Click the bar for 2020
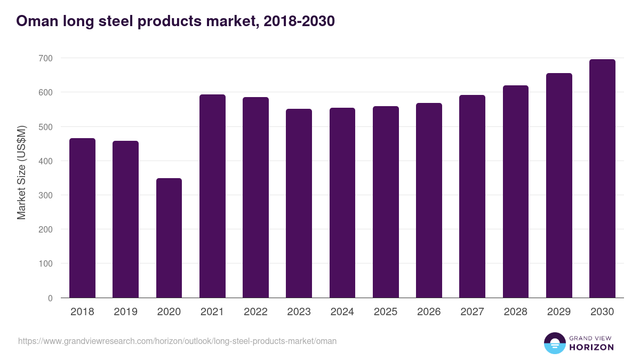click(x=169, y=238)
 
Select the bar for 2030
click(x=602, y=179)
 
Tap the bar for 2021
click(x=212, y=196)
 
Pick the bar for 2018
click(x=83, y=218)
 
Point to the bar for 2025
click(x=386, y=202)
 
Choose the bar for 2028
click(x=516, y=191)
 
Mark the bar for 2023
click(x=299, y=203)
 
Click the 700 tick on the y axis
click(x=46, y=58)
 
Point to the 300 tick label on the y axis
click(x=46, y=195)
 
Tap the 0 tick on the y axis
click(x=50, y=298)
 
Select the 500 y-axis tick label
click(x=46, y=127)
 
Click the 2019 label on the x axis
click(x=125, y=312)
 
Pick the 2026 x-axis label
click(x=429, y=312)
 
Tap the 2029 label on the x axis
click(x=559, y=312)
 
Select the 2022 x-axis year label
click(x=255, y=312)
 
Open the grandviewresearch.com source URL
click(x=177, y=341)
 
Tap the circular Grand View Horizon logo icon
click(x=554, y=343)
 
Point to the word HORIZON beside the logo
click(x=591, y=347)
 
